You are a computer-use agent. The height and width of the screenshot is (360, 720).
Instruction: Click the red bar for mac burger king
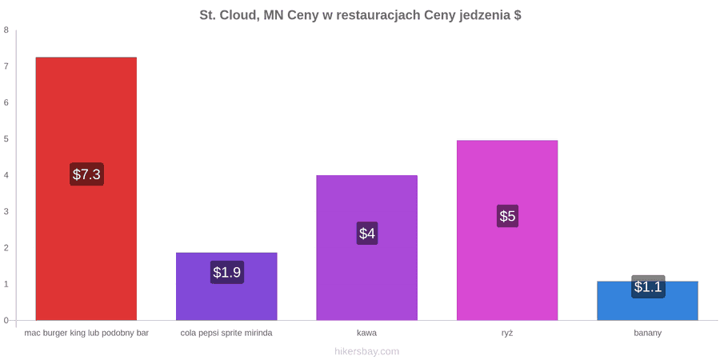pyautogui.click(x=86, y=189)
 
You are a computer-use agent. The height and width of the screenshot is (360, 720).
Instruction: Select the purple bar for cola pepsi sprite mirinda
pyautogui.click(x=226, y=286)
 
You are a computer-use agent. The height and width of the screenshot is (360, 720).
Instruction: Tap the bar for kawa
pyautogui.click(x=367, y=247)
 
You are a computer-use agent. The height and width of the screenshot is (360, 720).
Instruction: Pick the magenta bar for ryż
pyautogui.click(x=507, y=230)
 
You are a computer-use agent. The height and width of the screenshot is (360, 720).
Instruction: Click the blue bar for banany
pyautogui.click(x=647, y=301)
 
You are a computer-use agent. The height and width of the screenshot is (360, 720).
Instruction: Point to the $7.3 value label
pyautogui.click(x=86, y=174)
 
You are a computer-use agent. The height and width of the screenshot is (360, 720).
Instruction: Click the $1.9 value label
pyautogui.click(x=227, y=272)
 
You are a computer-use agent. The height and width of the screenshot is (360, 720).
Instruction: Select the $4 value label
pyautogui.click(x=367, y=234)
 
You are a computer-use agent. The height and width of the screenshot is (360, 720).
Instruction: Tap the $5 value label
pyautogui.click(x=507, y=216)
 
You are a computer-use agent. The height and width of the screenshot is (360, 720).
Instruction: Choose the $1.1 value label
pyautogui.click(x=648, y=286)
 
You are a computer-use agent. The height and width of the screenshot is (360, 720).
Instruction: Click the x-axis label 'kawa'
pyautogui.click(x=367, y=333)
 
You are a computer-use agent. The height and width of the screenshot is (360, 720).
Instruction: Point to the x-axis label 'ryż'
pyautogui.click(x=507, y=333)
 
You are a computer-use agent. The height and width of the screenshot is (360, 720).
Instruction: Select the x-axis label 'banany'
pyautogui.click(x=647, y=333)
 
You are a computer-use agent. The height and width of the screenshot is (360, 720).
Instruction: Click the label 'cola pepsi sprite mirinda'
pyautogui.click(x=226, y=333)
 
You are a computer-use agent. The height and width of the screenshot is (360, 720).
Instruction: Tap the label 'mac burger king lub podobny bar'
pyautogui.click(x=86, y=333)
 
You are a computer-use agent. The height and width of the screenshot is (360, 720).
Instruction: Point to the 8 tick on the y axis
pyautogui.click(x=6, y=30)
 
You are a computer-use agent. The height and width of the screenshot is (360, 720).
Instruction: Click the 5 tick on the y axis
pyautogui.click(x=6, y=139)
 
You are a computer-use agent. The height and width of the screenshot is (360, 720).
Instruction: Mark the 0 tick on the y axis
pyautogui.click(x=6, y=321)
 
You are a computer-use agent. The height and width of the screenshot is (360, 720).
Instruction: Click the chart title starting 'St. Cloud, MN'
pyautogui.click(x=360, y=16)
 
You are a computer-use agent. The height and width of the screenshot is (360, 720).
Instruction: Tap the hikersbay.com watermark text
pyautogui.click(x=367, y=352)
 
